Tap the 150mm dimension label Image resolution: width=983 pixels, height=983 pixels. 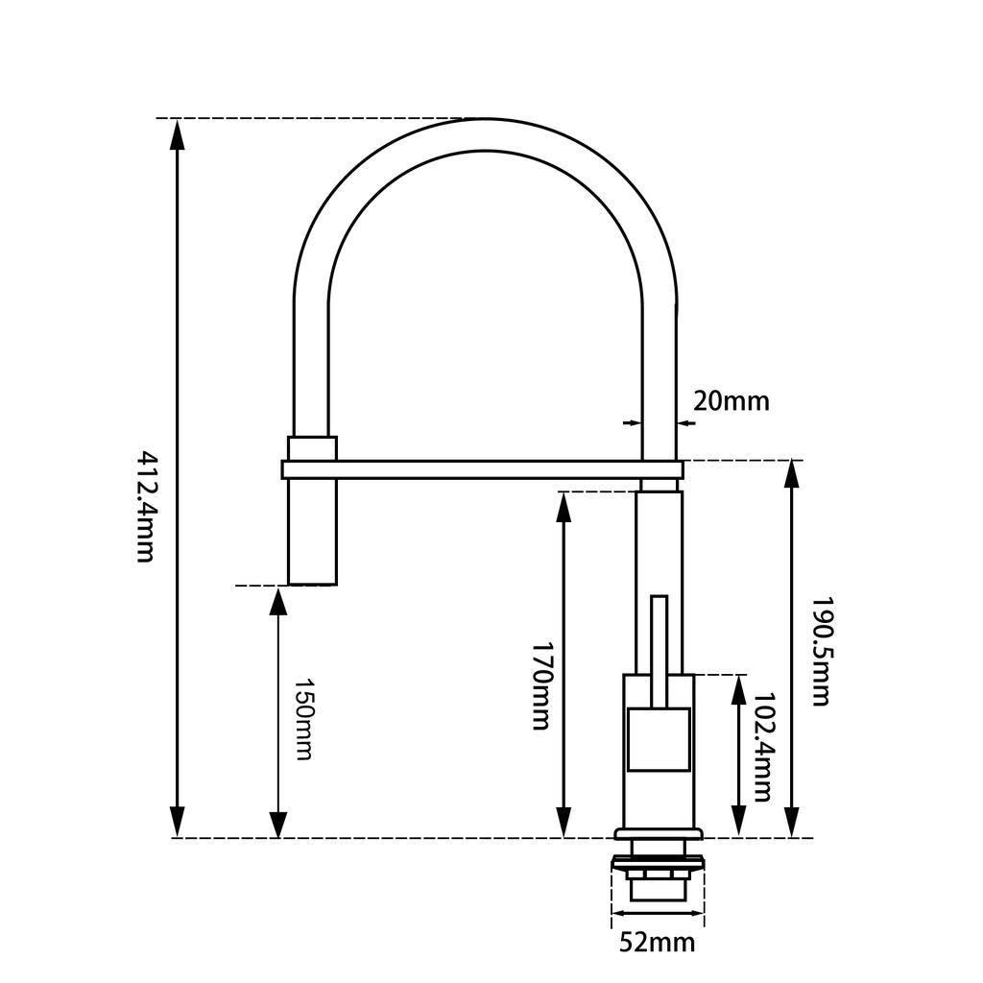coord(302,719)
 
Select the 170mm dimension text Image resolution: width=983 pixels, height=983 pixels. coord(540,685)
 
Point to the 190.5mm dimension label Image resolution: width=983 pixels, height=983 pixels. coord(819,652)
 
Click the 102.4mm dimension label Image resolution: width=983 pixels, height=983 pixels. coord(763,747)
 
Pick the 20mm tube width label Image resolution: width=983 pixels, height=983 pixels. coord(731,401)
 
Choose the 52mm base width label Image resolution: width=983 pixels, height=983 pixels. coord(657,943)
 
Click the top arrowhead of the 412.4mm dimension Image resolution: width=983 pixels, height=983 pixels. coord(177,134)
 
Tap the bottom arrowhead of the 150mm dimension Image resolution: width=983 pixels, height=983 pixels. coord(277,824)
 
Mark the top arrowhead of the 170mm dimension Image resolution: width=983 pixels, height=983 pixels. coord(564,506)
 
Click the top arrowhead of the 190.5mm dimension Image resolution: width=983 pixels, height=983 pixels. coord(792,475)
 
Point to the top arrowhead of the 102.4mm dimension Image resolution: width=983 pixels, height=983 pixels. coord(738,689)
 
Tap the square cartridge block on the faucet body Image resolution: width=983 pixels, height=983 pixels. coord(659,739)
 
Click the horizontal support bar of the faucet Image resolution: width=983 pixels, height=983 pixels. coord(480,469)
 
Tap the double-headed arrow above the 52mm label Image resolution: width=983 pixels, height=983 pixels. coord(658,914)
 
